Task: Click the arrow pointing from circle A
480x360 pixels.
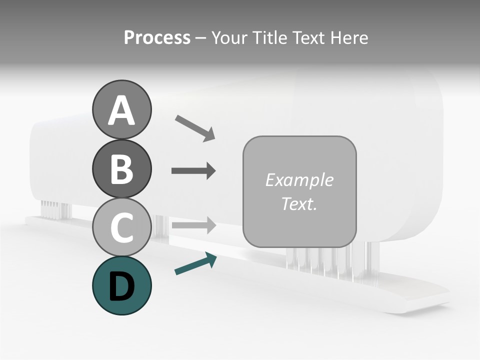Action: pos(195,128)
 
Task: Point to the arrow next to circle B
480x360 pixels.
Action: pos(193,171)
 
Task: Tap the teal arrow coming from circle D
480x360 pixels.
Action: pos(195,264)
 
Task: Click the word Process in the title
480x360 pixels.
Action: pos(157,38)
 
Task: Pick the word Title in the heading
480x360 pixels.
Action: pos(269,38)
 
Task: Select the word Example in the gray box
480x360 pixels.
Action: pos(299,180)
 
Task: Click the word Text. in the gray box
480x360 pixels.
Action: pos(299,204)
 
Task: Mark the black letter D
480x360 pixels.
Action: pos(121,286)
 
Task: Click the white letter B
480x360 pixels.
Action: pos(121,169)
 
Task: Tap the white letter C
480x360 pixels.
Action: pos(121,228)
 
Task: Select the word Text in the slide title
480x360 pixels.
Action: pos(307,38)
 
